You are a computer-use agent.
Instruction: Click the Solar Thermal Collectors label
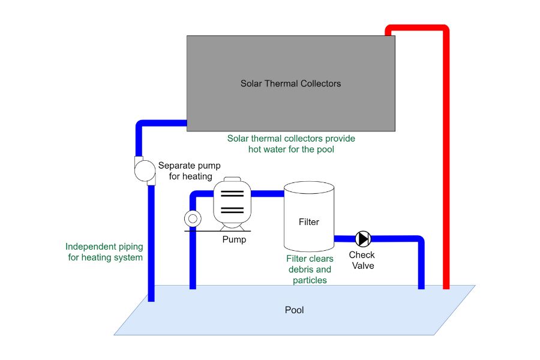[x=290, y=83]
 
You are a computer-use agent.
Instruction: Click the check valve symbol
[x=362, y=239]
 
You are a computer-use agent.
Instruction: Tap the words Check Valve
[x=362, y=260]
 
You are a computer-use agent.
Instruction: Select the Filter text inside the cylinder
[x=308, y=222]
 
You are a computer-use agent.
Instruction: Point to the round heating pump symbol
[x=144, y=170]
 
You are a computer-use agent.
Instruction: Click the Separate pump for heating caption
[x=185, y=170]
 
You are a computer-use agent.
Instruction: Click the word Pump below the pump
[x=234, y=239]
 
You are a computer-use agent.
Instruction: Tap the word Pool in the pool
[x=294, y=310]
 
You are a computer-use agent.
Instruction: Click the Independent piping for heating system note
[x=104, y=252]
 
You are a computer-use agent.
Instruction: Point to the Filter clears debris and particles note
[x=309, y=269]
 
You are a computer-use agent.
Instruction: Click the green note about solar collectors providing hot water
[x=291, y=143]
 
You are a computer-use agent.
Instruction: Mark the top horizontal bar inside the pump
[x=232, y=193]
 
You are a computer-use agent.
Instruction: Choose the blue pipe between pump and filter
[x=267, y=193]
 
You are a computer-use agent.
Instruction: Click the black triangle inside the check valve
[x=362, y=239]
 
